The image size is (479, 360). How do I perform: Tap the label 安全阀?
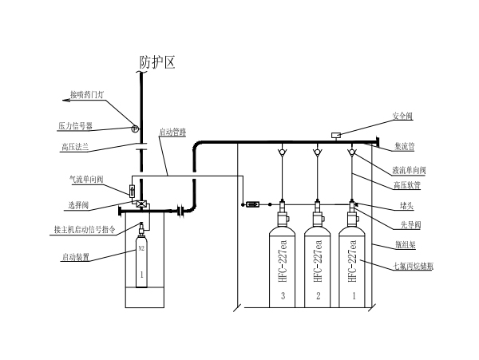[404, 116]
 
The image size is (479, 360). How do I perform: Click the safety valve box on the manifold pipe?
[337, 135]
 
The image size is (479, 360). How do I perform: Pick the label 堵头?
[405, 204]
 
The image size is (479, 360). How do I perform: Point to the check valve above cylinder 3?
[282, 152]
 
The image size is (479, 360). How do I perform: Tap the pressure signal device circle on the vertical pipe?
[134, 129]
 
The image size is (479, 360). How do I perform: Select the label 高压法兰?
[78, 146]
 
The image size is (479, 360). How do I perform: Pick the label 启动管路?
[172, 133]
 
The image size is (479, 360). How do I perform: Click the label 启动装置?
[76, 257]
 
